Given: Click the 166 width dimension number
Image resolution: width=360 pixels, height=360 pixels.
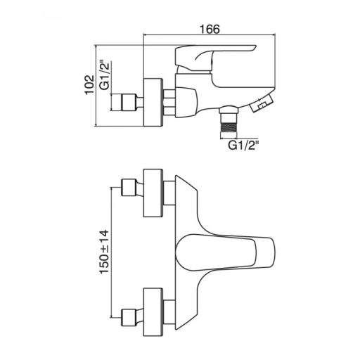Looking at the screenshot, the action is (x=210, y=29).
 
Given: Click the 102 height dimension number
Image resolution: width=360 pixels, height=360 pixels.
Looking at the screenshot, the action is (x=89, y=85).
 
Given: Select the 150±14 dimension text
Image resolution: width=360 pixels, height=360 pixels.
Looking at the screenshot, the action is (x=104, y=252).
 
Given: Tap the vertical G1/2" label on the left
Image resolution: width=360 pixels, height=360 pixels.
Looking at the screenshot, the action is (x=105, y=75).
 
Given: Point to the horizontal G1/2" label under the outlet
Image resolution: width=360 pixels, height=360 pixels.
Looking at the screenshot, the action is (x=243, y=146).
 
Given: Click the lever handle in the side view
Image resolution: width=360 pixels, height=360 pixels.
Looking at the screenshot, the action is (x=215, y=58).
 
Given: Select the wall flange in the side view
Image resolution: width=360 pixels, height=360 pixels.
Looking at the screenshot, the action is (x=153, y=103).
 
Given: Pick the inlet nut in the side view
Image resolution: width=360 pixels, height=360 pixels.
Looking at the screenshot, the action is (x=129, y=102).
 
